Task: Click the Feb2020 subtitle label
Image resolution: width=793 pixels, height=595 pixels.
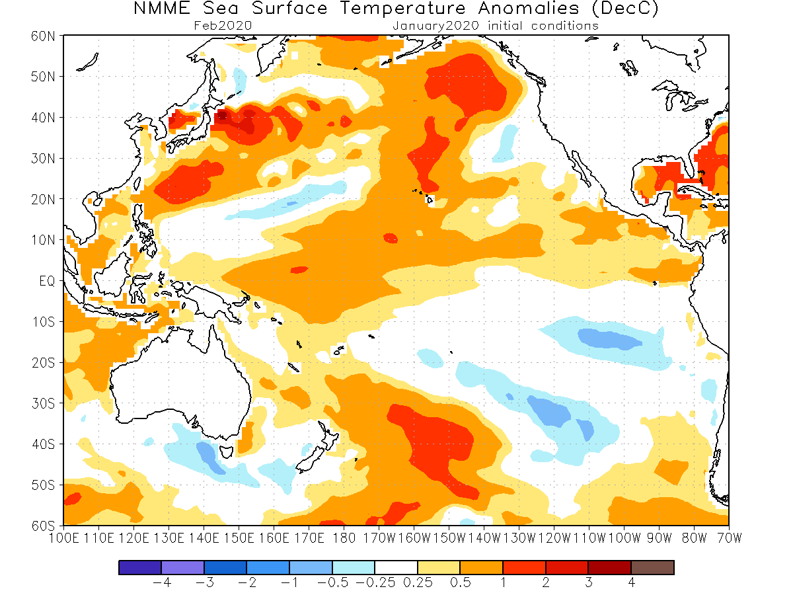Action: (223, 26)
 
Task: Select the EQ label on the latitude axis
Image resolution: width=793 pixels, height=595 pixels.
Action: (48, 281)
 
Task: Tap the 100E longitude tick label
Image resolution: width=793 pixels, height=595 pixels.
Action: (63, 538)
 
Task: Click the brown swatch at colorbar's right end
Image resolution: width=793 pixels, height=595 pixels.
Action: (652, 567)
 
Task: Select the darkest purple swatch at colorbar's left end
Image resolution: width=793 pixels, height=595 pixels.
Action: (140, 567)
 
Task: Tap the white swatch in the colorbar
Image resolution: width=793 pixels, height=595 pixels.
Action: (396, 567)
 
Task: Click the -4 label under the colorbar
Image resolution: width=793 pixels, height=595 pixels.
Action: (162, 583)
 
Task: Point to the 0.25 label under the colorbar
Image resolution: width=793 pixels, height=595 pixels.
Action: (417, 583)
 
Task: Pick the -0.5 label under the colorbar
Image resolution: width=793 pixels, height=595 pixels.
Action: (332, 583)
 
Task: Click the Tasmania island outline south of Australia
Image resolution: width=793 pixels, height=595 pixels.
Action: (228, 452)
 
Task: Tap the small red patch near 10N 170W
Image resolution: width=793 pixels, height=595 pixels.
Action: (390, 238)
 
